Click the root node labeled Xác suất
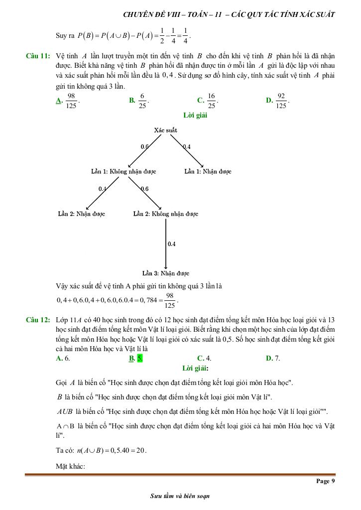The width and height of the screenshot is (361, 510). [x=166, y=130]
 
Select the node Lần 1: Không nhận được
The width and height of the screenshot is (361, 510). [x=123, y=171]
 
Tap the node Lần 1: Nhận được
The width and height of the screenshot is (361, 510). [x=208, y=171]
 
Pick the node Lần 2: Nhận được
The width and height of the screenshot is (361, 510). [x=82, y=214]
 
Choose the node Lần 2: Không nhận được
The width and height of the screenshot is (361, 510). [x=166, y=214]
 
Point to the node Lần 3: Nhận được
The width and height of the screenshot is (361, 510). [x=166, y=273]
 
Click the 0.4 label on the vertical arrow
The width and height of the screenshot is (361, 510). [x=172, y=244]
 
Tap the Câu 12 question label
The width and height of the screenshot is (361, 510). [x=37, y=320]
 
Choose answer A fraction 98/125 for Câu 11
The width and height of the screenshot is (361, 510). [x=71, y=101]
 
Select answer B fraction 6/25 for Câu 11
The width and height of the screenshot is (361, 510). [x=142, y=101]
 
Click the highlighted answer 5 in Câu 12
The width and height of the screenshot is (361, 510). [x=140, y=358]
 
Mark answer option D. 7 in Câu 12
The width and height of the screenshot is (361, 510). [x=273, y=358]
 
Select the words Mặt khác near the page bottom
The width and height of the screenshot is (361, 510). [x=71, y=466]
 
